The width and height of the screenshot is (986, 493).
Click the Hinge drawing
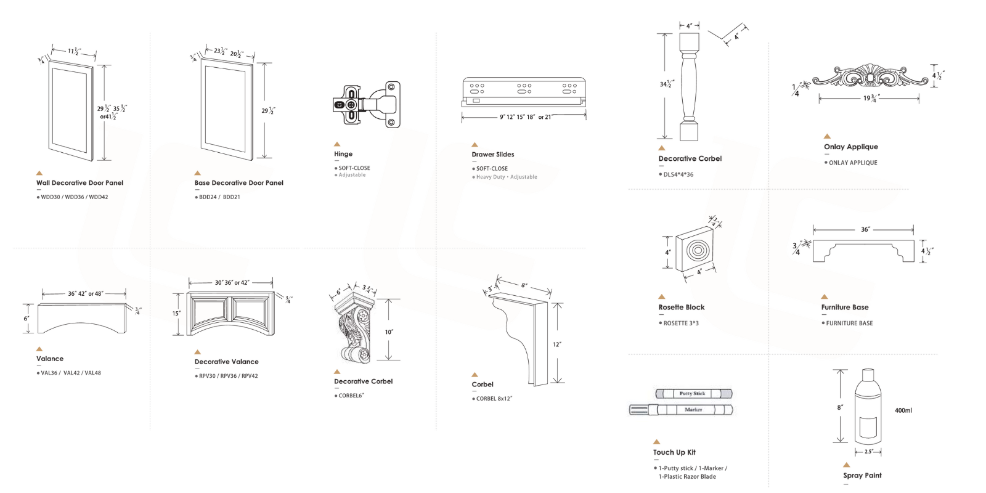[x=367, y=105]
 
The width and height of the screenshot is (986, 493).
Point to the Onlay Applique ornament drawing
[x=869, y=78]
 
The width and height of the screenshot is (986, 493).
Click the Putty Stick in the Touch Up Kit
[x=693, y=393]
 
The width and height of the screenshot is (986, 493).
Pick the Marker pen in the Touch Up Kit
[x=681, y=410]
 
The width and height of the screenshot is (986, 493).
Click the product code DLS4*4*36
[x=678, y=174]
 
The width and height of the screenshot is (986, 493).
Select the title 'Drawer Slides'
[x=492, y=155]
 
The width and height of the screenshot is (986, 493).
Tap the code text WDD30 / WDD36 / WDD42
[x=74, y=197]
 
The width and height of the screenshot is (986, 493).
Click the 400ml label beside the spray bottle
[x=903, y=410]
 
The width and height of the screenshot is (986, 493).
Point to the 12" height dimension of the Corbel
[x=557, y=344]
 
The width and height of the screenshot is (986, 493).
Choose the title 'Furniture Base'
[x=844, y=308]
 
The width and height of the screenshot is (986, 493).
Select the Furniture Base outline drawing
[x=863, y=251]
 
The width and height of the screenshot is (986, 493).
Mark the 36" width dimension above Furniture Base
[x=865, y=230]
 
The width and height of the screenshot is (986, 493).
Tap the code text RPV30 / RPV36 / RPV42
[x=228, y=376]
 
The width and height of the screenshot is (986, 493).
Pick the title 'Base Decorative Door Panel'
[x=238, y=183]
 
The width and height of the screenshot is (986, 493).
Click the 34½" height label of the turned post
[x=667, y=84]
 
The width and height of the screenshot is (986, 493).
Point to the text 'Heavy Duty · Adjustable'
[x=506, y=177]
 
